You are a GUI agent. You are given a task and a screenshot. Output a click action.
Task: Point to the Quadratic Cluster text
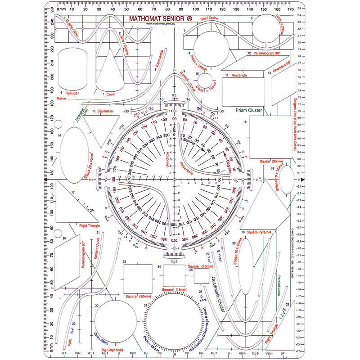coord(219,293)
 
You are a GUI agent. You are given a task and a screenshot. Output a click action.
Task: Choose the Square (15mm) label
coord(175,289)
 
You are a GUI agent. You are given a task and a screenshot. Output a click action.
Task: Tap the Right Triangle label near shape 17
coord(89,225)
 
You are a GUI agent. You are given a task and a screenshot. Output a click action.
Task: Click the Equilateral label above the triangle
coord(103,111)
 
